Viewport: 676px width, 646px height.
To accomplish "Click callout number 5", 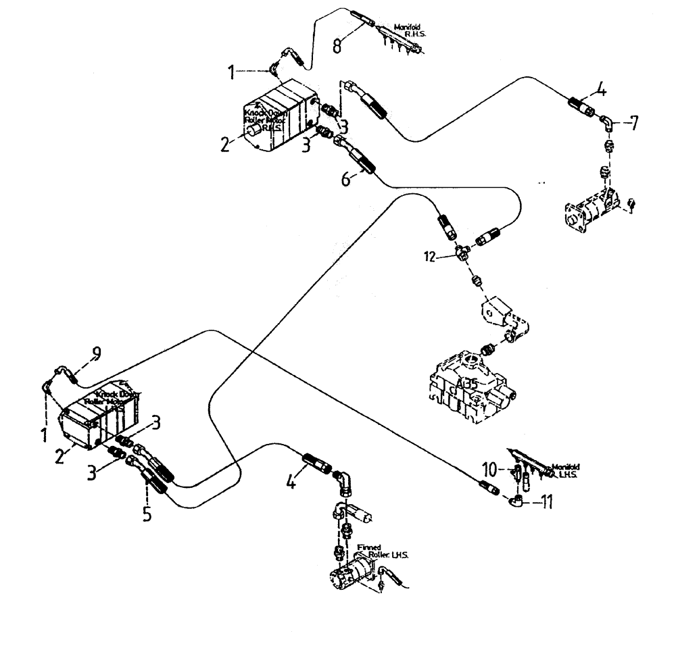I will click(147, 513).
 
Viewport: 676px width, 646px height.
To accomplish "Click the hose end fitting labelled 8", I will click(362, 18).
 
